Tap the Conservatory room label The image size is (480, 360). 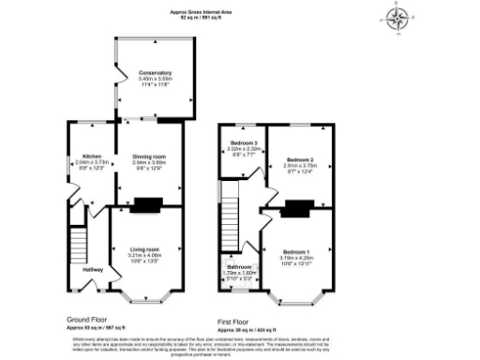[x=154, y=72]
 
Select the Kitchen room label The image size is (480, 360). [x=91, y=156]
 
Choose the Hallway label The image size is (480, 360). [x=92, y=270]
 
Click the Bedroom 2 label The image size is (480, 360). [x=298, y=160]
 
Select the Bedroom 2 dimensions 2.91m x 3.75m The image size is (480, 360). [x=298, y=167]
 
